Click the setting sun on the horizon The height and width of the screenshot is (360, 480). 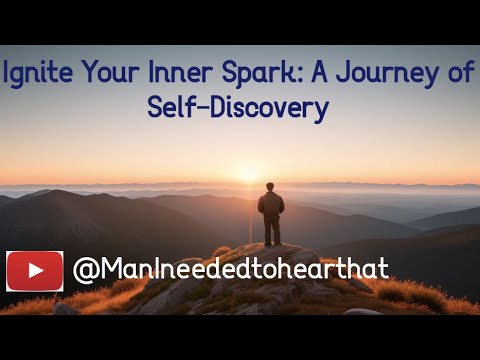tap(249, 176)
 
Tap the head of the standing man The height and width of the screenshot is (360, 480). tap(270, 187)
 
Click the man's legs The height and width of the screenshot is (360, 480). tap(270, 230)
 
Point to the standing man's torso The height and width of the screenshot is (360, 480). tap(270, 204)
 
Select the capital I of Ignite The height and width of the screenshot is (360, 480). tap(7, 74)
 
